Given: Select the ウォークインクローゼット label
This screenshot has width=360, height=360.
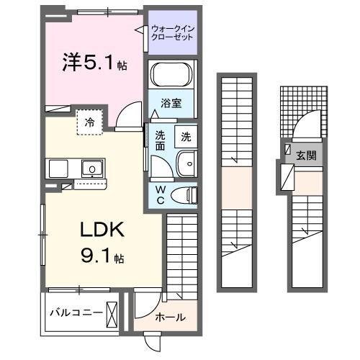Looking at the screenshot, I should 173,32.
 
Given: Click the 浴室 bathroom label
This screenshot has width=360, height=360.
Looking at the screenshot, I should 171,103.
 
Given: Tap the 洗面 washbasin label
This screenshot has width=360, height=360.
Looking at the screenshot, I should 159,139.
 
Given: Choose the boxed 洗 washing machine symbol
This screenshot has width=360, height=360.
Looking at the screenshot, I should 186,135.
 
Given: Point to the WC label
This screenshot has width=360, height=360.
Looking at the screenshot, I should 160,194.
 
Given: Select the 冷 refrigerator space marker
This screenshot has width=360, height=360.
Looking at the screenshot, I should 89,122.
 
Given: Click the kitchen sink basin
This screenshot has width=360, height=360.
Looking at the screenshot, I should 91,169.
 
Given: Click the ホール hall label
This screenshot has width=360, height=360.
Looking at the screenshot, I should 171,317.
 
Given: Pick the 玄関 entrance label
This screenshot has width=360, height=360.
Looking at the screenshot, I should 305,154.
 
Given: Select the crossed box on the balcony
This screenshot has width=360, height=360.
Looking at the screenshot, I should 112,313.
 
